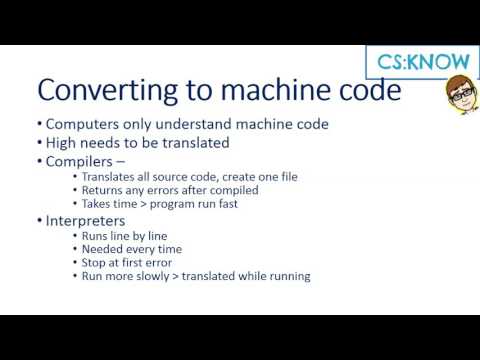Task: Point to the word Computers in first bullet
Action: [83, 124]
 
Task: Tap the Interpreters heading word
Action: [86, 220]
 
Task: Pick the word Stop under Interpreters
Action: [92, 263]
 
